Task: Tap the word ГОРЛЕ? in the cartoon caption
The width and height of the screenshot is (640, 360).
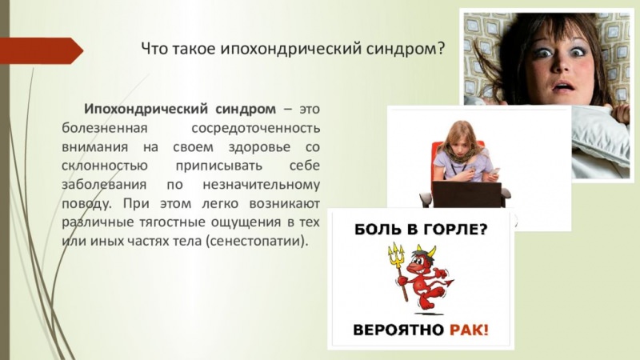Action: point(450,230)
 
